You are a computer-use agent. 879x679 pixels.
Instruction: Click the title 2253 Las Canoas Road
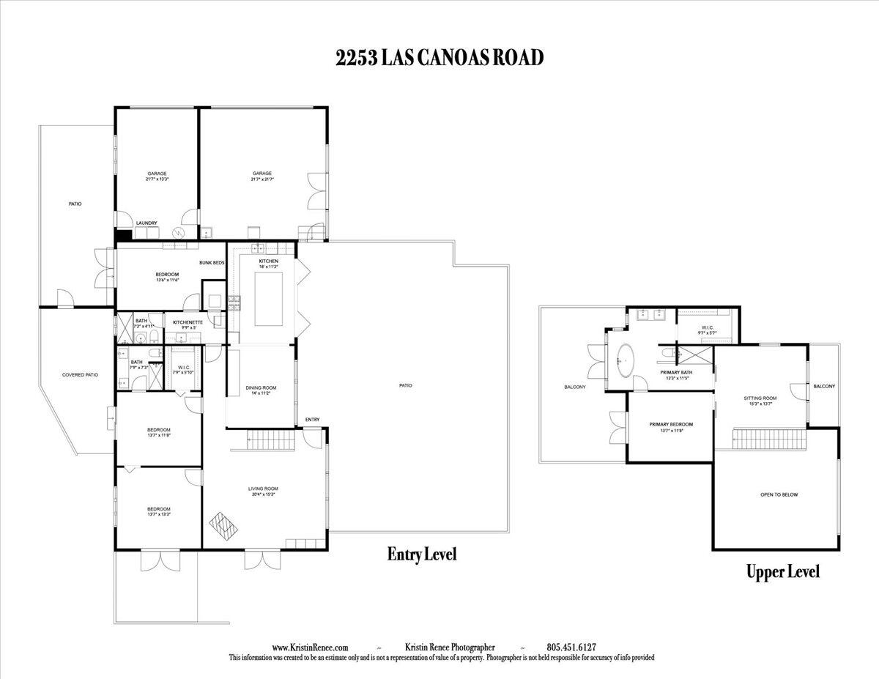point(439,59)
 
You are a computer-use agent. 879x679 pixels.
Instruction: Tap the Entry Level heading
point(421,554)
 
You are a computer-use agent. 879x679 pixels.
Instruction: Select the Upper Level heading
point(782,571)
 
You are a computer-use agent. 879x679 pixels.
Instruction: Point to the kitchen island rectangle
point(268,299)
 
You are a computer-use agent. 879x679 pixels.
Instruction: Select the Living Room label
point(263,489)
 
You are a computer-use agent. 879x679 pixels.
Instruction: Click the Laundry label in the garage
point(146,223)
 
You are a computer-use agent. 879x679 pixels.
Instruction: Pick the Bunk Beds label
point(212,262)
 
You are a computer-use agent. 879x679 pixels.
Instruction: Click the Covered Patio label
point(80,375)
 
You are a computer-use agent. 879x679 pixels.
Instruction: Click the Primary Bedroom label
point(671,424)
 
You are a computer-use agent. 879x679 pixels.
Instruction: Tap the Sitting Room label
point(760,398)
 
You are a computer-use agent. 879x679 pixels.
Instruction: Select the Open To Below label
point(779,494)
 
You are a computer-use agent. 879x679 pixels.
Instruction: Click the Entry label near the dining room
point(312,419)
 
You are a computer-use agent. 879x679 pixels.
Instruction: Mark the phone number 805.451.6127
point(571,648)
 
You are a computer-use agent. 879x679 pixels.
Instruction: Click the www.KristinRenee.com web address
point(310,648)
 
